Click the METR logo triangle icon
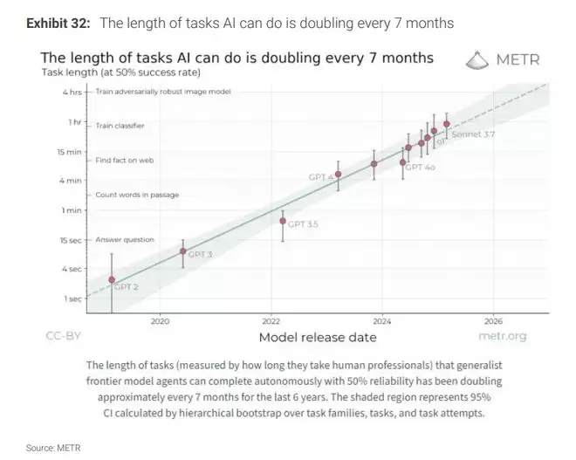coord(478,59)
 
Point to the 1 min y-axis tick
coord(72,209)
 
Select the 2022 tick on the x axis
coord(271,320)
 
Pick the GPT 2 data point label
coord(127,286)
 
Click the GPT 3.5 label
coord(303,224)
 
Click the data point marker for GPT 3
coord(182,251)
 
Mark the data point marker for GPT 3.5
coord(283,221)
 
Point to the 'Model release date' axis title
coord(318,337)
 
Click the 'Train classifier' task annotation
coord(120,125)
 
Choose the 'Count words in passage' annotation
coord(136,195)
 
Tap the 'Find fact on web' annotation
coord(125,161)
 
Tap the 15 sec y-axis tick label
coord(70,240)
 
